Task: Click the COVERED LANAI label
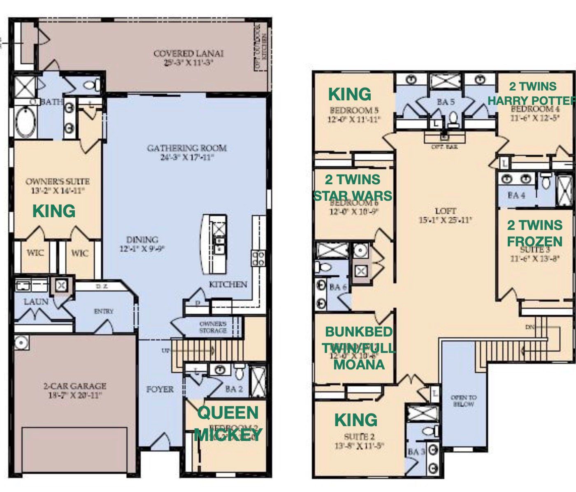188,54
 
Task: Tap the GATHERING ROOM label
187,148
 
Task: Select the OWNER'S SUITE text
58,181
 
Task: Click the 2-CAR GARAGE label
75,386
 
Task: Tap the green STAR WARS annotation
353,195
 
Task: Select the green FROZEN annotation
534,241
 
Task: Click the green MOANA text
359,364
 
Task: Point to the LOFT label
446,211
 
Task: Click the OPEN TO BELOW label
464,401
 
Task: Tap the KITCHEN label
228,284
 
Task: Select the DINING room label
142,239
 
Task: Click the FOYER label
160,389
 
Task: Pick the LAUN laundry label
36,302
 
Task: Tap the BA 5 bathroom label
446,102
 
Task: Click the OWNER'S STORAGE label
213,327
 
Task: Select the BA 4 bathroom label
516,195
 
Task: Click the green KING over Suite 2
356,420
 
